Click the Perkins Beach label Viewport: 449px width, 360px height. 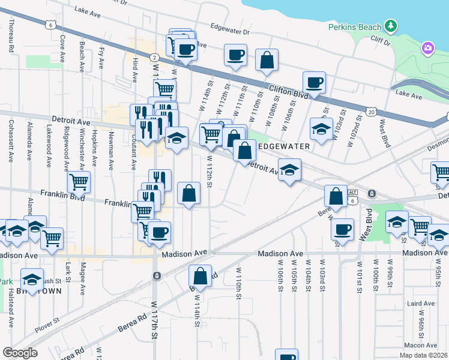click(355, 27)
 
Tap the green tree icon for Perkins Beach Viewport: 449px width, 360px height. click(391, 26)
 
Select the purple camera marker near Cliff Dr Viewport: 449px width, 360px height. click(427, 47)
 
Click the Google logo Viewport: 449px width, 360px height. click(20, 352)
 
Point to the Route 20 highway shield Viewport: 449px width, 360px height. click(372, 112)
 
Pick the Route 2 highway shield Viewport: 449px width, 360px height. click(155, 57)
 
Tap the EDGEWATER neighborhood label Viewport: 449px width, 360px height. click(283, 146)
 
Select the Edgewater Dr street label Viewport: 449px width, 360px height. click(229, 28)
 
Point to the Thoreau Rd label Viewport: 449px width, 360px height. click(11, 37)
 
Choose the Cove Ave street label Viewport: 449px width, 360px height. click(62, 47)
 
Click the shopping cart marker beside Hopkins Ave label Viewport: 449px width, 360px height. click(79, 181)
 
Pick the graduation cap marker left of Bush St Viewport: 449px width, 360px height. click(31, 279)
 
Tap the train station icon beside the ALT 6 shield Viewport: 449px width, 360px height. click(372, 193)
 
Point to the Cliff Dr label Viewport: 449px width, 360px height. click(381, 41)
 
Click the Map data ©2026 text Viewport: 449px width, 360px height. click(423, 355)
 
